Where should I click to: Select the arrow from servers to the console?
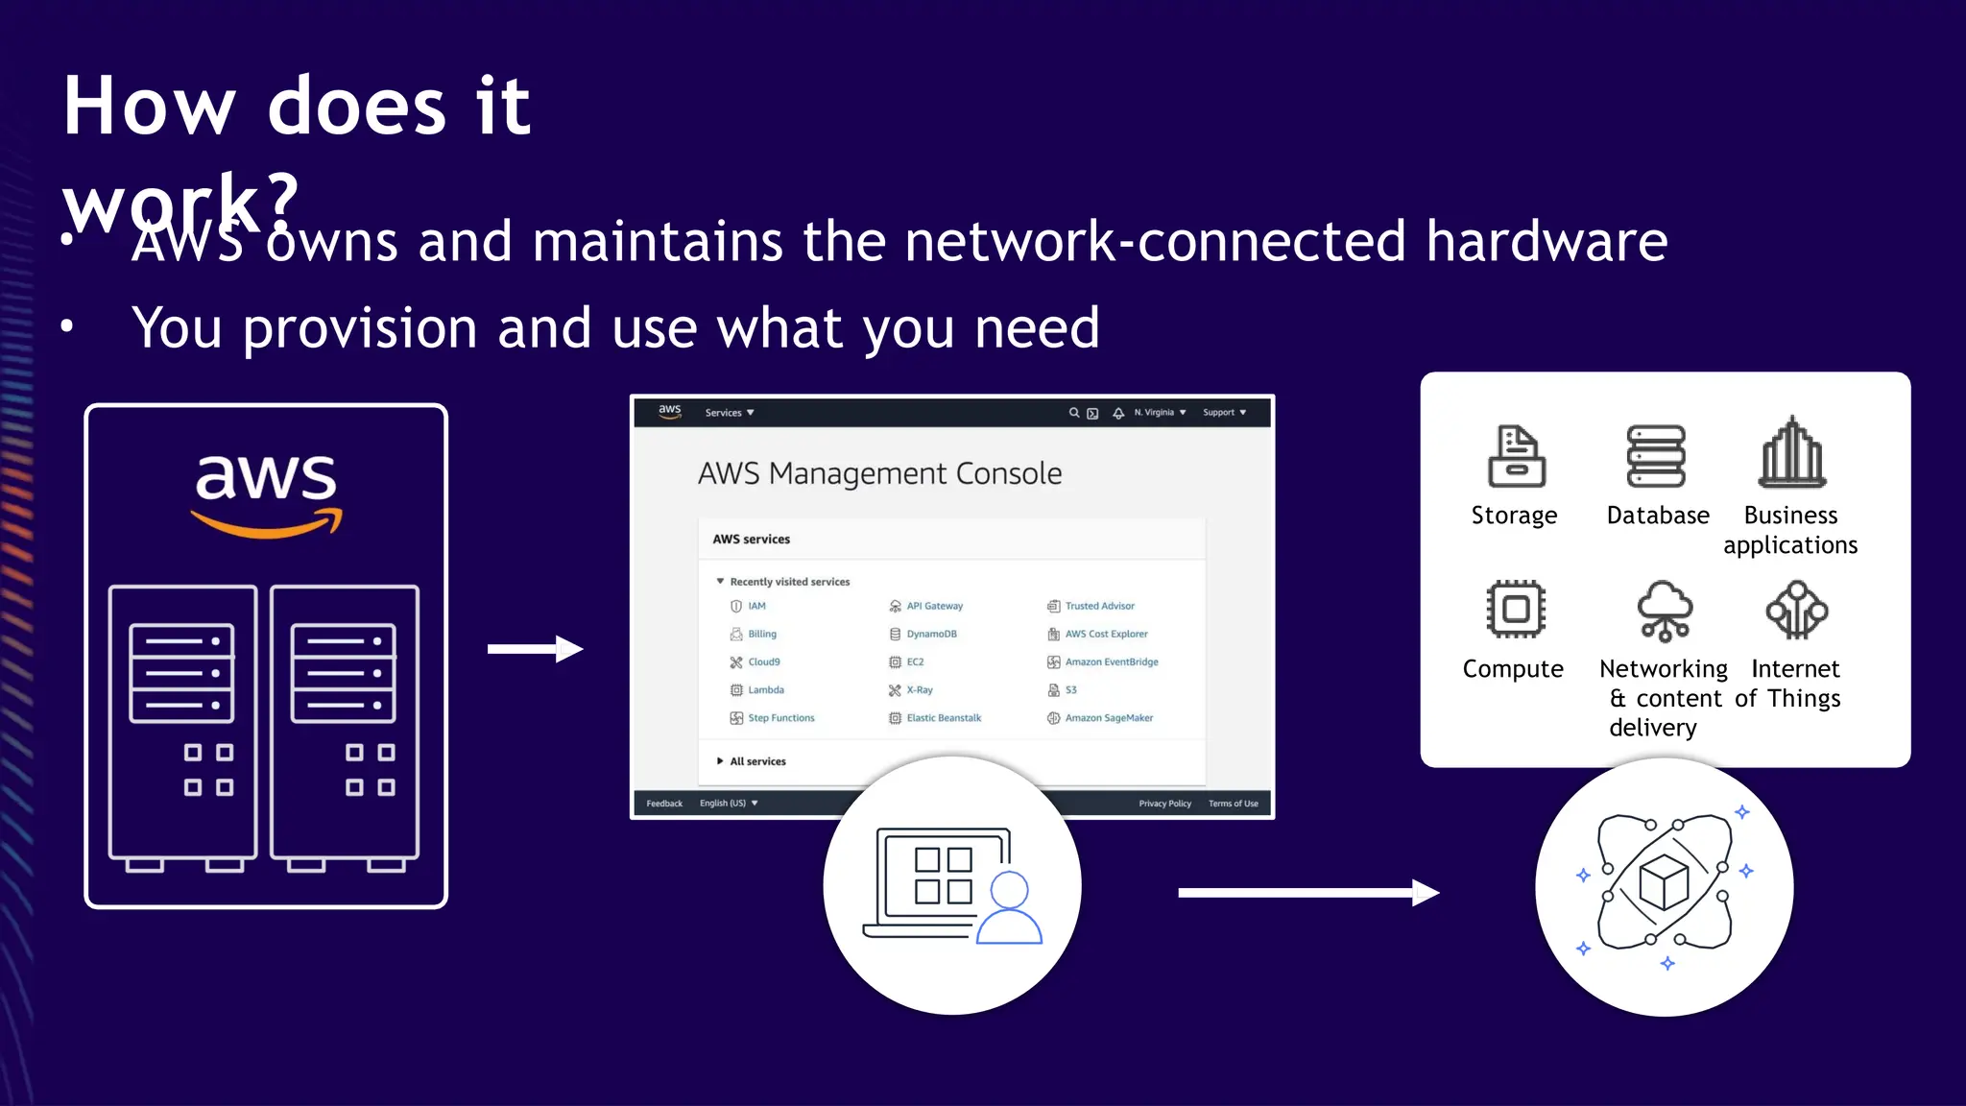click(x=535, y=649)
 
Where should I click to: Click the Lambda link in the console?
click(x=765, y=690)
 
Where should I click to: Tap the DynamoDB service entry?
click(x=931, y=634)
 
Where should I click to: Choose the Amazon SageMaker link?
click(x=1109, y=718)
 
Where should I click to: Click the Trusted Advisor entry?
click(x=1099, y=606)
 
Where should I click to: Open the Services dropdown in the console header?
click(x=729, y=413)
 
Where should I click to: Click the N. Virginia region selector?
click(x=1159, y=413)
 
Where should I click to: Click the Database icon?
click(x=1656, y=456)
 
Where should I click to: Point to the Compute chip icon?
click(x=1516, y=609)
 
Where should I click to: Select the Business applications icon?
click(x=1792, y=453)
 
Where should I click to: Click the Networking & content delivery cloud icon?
click(x=1665, y=611)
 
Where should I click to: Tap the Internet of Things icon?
click(x=1797, y=610)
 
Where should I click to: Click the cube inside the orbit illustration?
click(x=1664, y=881)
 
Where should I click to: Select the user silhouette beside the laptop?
click(x=1009, y=908)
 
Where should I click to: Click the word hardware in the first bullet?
click(x=1546, y=241)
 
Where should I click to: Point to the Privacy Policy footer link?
click(x=1164, y=804)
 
